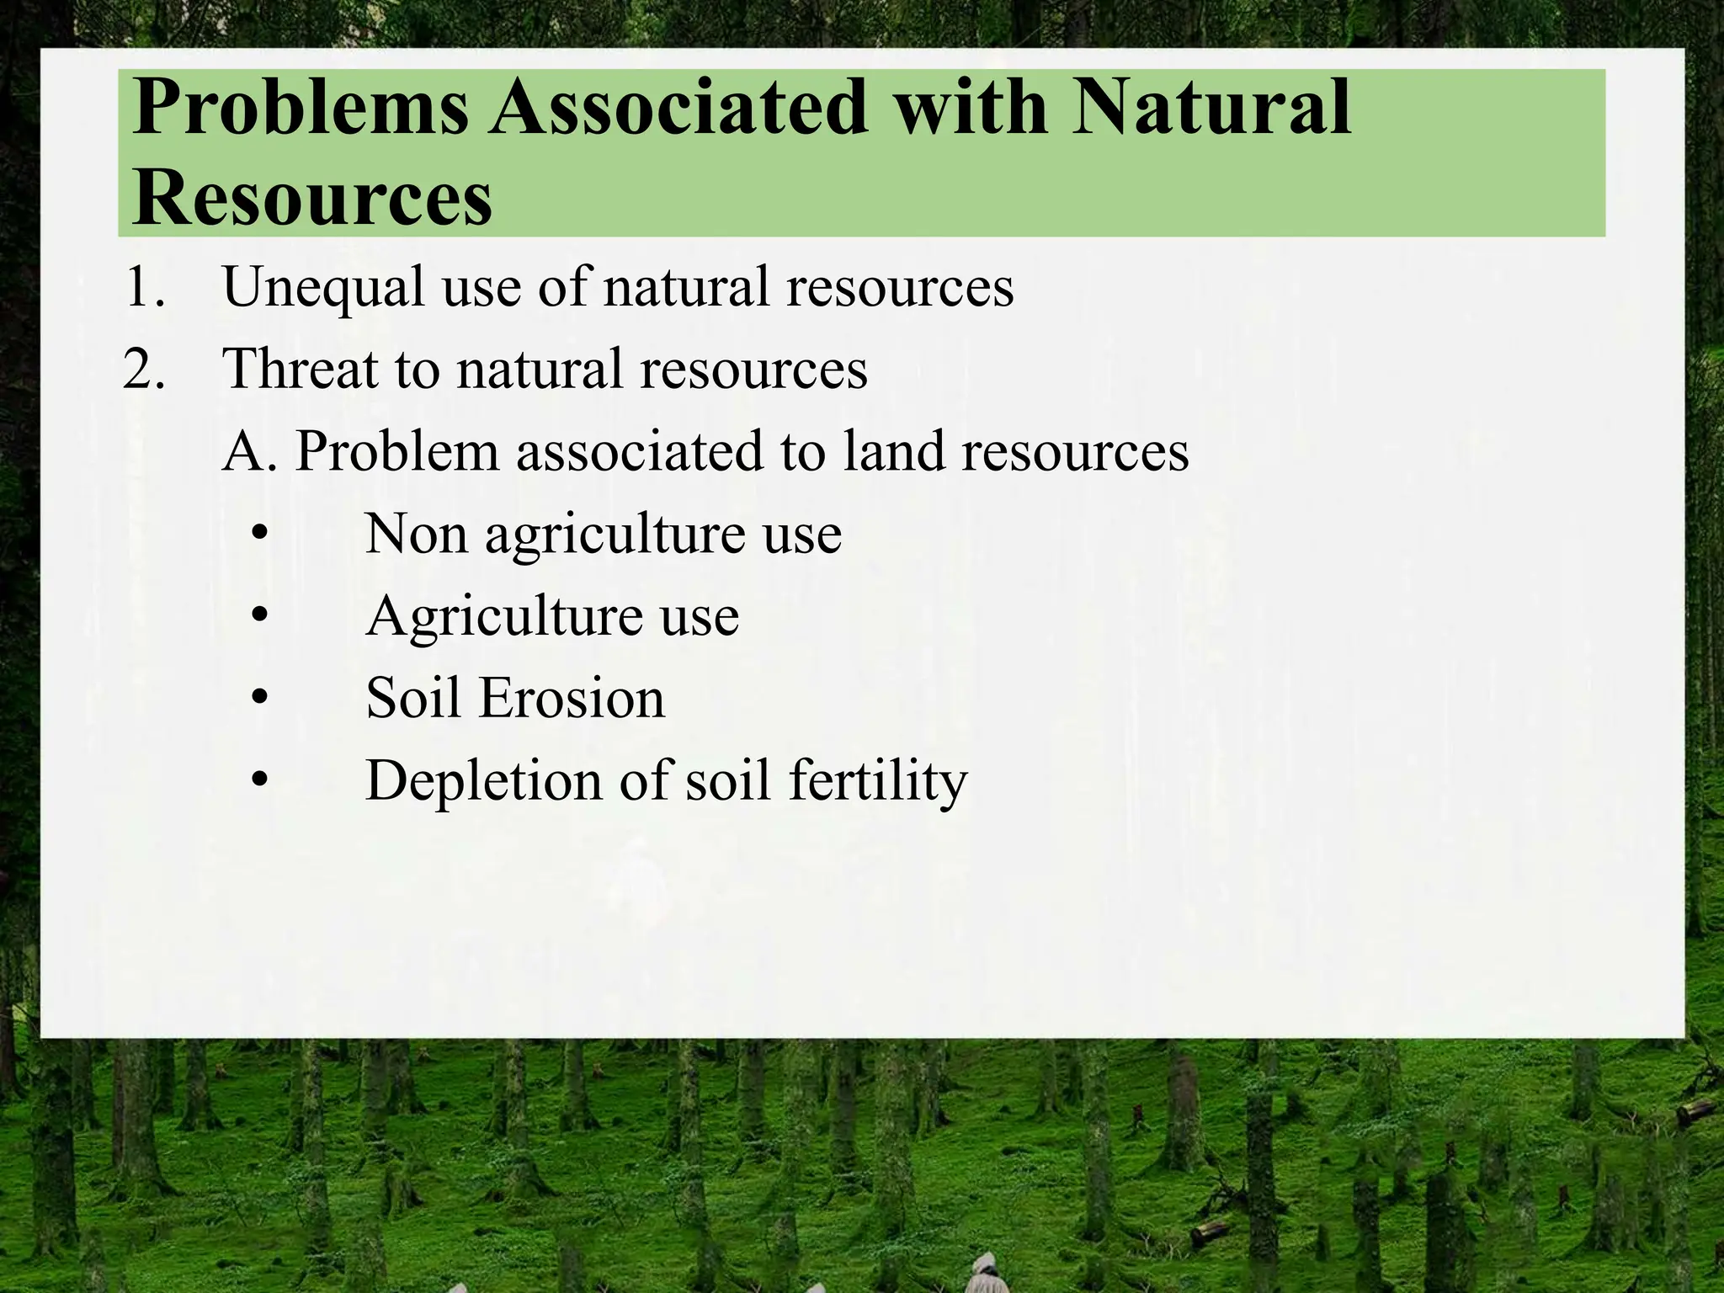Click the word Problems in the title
300,109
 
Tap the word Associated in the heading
679,107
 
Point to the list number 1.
143,287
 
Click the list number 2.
143,370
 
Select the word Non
416,534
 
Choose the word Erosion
572,699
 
